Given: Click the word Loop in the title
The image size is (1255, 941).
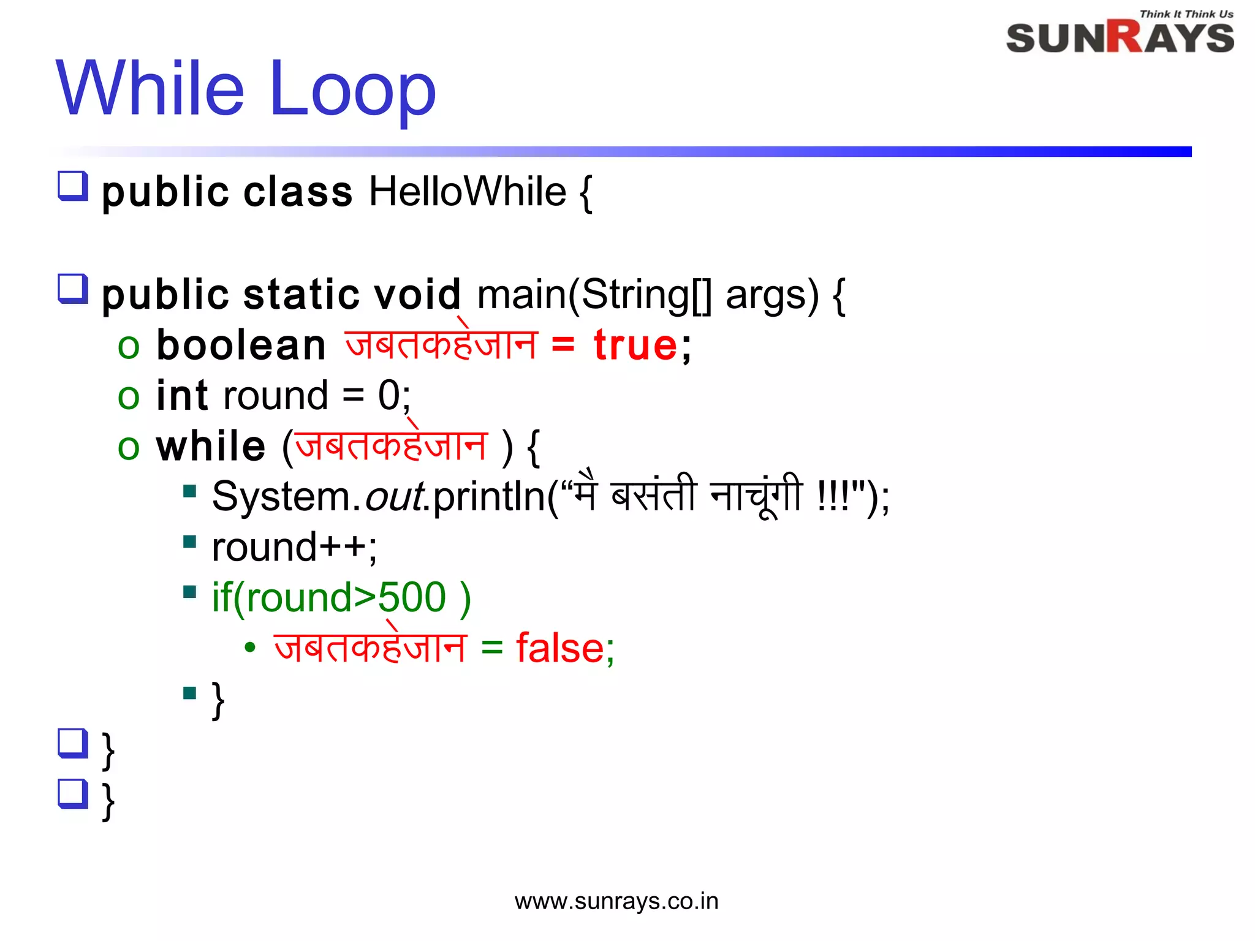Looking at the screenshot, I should (x=352, y=89).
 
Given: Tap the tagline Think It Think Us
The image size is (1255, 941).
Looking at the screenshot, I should (x=1186, y=13).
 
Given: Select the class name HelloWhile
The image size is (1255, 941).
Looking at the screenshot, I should (x=467, y=192).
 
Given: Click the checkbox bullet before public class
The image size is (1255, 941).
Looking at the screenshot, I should (x=73, y=186).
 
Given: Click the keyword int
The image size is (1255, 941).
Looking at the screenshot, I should (x=182, y=396).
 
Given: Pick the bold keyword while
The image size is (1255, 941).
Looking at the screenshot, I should (x=211, y=446).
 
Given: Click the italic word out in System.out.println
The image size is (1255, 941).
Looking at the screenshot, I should (x=393, y=496).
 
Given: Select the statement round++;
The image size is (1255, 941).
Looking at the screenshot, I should (x=294, y=547).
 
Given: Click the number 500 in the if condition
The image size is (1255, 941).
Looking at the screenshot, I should (x=412, y=597).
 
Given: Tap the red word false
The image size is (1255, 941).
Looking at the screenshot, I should (x=560, y=648).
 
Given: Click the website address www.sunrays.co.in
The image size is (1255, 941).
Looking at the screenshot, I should (x=616, y=901).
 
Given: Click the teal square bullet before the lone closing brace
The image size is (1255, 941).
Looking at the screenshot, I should (x=189, y=693).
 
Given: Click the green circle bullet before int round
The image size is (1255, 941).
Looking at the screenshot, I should (x=129, y=397).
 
